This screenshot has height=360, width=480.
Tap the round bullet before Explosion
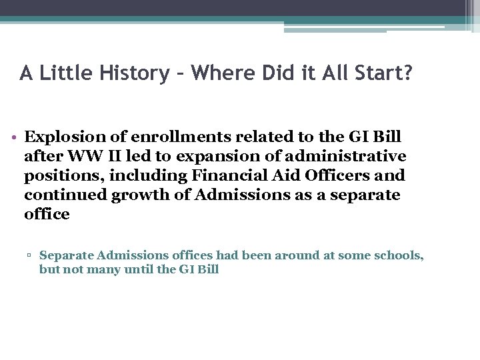pos(15,138)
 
